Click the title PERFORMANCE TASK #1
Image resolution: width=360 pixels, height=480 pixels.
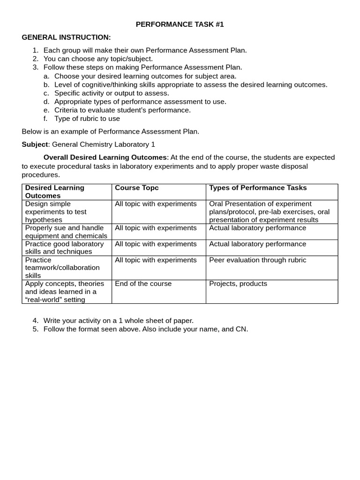click(180, 24)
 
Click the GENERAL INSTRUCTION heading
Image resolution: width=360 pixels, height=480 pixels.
click(66, 37)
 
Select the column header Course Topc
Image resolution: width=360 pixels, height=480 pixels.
click(137, 188)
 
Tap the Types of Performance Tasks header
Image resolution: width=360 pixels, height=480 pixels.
click(258, 188)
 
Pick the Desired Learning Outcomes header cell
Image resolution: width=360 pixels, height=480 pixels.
click(55, 192)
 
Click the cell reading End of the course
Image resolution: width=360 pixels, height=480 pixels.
click(143, 284)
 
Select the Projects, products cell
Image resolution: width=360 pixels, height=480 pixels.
click(238, 284)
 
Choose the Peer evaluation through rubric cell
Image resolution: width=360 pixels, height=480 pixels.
click(257, 260)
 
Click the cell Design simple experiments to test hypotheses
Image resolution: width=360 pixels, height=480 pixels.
click(56, 212)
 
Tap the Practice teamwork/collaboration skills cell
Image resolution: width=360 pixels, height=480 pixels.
click(62, 268)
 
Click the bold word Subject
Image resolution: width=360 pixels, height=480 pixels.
click(35, 144)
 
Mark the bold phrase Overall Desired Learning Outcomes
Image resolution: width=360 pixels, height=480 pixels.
click(105, 157)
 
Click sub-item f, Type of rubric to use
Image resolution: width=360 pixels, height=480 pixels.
click(87, 119)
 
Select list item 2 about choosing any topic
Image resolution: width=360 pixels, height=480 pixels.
click(98, 59)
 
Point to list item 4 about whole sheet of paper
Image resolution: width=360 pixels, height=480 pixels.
click(118, 321)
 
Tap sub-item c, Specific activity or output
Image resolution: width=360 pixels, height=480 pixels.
click(112, 93)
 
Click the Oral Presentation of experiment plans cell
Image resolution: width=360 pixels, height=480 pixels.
click(269, 212)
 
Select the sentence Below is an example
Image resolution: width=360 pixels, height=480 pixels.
click(111, 131)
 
